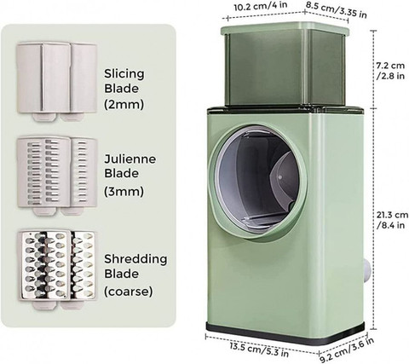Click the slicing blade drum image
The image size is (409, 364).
pos(57,82)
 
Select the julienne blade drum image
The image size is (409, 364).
pos(57,176)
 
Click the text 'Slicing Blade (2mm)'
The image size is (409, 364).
pos(124,89)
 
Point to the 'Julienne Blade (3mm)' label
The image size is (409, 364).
pos(130,176)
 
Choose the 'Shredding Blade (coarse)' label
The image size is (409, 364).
pos(135,275)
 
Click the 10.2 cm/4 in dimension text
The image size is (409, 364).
pos(261,6)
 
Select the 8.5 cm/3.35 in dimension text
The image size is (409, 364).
pos(337,9)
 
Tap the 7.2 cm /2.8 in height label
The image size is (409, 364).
pos(390,71)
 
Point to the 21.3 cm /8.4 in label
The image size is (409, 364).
pos(392,220)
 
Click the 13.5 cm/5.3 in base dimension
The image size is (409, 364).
pos(259,350)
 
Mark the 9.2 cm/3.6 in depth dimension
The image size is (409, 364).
pos(347,350)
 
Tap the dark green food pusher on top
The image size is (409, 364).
pos(285,68)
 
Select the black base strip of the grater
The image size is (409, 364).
pos(285,333)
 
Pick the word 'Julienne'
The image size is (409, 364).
pos(130,159)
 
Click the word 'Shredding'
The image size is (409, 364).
pos(135,259)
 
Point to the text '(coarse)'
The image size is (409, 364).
pos(128,292)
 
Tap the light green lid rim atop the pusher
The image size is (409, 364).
pos(285,29)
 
